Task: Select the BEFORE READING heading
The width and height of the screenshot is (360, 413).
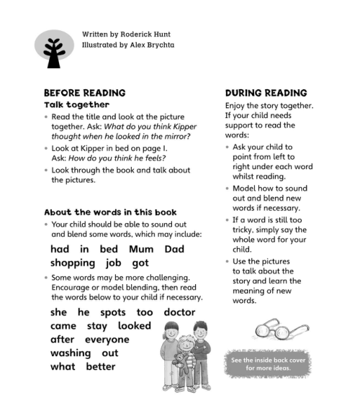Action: click(x=85, y=93)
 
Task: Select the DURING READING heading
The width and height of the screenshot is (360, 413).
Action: click(x=266, y=93)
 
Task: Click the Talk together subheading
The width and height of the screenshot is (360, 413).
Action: click(x=77, y=105)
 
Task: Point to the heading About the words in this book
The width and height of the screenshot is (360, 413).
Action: click(x=110, y=212)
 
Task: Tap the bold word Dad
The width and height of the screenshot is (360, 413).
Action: click(x=174, y=249)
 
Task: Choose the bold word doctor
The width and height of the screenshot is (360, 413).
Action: click(x=180, y=312)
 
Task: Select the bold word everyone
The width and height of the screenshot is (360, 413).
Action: click(x=107, y=340)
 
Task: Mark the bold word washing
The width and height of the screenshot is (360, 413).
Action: click(x=71, y=353)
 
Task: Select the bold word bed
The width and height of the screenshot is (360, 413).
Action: click(x=109, y=249)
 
